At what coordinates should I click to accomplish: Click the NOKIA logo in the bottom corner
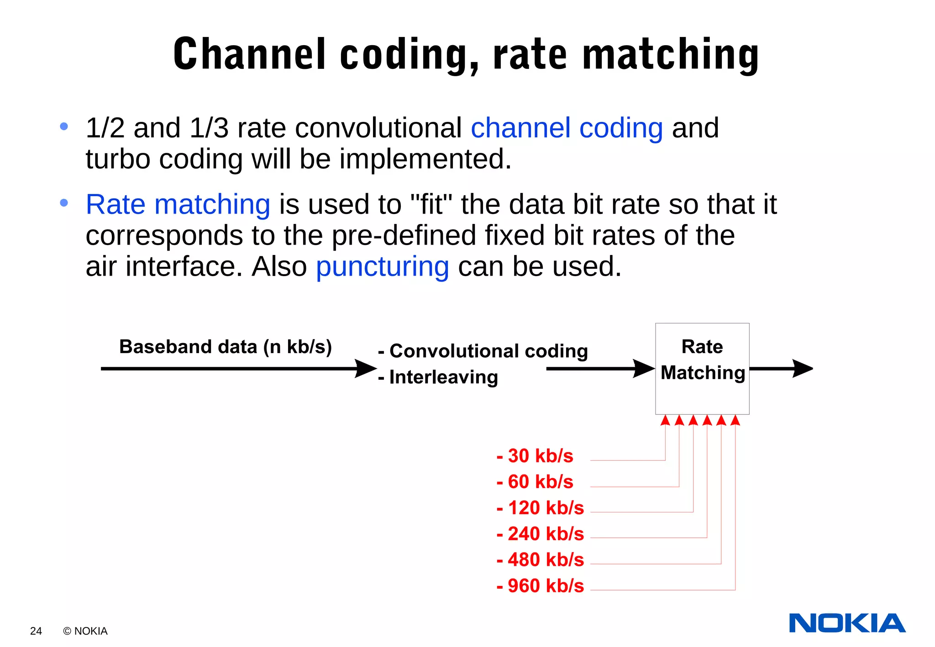coord(847,623)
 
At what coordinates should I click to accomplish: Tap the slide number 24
coord(36,631)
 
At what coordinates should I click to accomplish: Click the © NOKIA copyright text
coord(85,631)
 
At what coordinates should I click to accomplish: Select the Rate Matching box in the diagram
coord(702,369)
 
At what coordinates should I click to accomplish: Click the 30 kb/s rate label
coord(535,456)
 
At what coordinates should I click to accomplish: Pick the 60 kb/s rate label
coord(535,482)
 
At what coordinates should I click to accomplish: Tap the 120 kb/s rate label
coord(541,508)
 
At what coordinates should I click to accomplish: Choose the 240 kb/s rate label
coord(541,534)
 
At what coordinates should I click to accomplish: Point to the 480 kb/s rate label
coord(541,560)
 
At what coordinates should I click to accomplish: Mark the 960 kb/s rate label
coord(541,586)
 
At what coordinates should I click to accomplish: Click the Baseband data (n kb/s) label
coord(226,347)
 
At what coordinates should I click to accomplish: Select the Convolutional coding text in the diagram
coord(489,351)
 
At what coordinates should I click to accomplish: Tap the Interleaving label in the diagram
coord(443,377)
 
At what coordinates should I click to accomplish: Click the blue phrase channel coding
coord(567,128)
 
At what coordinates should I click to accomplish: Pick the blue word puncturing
coord(383,266)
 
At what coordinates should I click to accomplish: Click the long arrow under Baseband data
coord(237,369)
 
